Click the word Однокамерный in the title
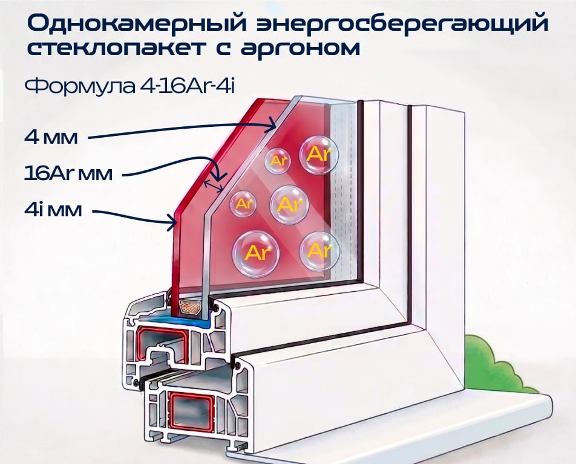click(137, 24)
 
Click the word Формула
click(80, 86)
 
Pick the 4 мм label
click(51, 137)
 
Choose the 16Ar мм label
click(68, 173)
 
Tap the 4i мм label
click(53, 210)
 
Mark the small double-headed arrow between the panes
click(214, 186)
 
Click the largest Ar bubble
click(256, 253)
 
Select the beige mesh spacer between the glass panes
click(189, 308)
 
